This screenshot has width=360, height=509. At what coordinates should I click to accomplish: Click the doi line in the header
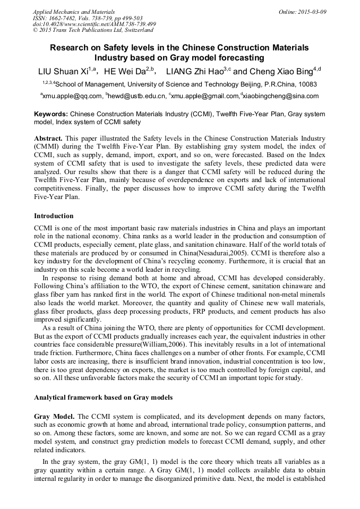click(x=94, y=24)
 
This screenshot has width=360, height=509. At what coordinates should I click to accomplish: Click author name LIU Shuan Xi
click(x=63, y=71)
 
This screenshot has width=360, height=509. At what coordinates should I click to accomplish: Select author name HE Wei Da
click(x=124, y=71)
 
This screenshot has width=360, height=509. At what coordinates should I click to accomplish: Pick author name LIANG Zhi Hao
click(x=194, y=71)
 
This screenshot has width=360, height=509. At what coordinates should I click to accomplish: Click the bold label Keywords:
click(x=51, y=114)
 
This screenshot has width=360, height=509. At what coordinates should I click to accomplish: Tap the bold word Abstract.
click(x=49, y=137)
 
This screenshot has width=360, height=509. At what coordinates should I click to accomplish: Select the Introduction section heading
click(x=54, y=216)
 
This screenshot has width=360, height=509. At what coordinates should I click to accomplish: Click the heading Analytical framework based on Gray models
click(x=103, y=397)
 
